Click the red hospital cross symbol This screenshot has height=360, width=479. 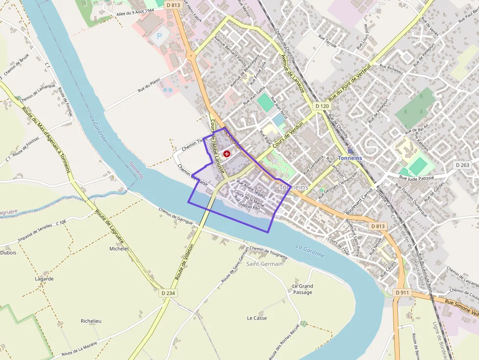[227, 154]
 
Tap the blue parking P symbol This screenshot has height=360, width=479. [158, 36]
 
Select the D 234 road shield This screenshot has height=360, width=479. [168, 293]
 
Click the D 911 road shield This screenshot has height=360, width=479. [402, 293]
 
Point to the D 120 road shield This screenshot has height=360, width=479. [322, 106]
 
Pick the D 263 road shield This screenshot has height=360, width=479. [462, 165]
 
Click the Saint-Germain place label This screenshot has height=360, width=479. [264, 264]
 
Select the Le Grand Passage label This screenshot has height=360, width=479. [302, 289]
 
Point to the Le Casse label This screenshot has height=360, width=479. [257, 318]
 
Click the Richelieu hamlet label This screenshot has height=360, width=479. [91, 321]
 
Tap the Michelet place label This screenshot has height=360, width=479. [119, 249]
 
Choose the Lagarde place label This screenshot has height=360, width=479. [44, 279]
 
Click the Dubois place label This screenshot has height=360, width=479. [8, 253]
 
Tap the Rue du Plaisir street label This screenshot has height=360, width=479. [150, 86]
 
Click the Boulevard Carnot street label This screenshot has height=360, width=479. [359, 201]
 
